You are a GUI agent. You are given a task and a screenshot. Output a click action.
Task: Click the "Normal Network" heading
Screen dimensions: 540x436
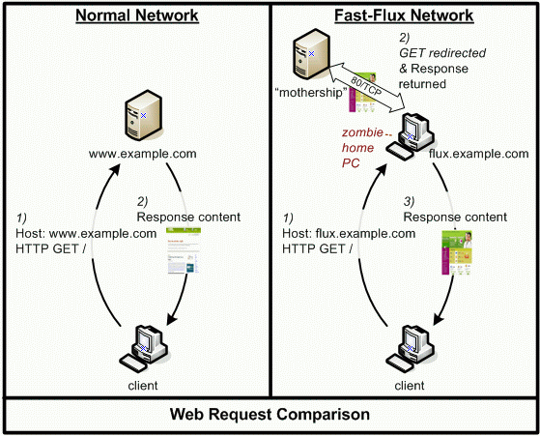(x=137, y=15)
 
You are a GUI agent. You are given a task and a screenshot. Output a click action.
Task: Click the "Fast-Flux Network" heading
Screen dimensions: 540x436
(x=404, y=15)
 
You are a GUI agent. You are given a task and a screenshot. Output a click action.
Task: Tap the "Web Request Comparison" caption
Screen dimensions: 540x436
(x=270, y=415)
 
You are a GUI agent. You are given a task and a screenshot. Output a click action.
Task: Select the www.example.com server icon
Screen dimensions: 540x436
(x=143, y=115)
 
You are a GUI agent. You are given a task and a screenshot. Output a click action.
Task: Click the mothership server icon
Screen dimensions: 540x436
(x=311, y=54)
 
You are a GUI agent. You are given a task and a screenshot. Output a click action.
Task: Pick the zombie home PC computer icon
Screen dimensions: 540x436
(x=410, y=136)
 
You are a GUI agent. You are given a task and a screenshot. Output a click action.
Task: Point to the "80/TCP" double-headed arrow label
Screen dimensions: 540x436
(x=366, y=85)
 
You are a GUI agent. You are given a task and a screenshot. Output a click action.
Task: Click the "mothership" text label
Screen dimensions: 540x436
(x=311, y=93)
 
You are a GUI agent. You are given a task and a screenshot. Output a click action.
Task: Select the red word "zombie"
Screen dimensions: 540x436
(x=362, y=132)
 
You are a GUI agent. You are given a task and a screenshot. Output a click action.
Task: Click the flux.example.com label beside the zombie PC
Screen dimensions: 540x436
(x=479, y=154)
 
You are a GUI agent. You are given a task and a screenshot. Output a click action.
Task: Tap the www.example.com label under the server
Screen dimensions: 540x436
(x=143, y=154)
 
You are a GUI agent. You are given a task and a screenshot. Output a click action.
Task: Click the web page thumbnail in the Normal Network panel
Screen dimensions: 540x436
(x=184, y=250)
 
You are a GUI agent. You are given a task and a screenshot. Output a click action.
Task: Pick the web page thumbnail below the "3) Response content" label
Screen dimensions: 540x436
(x=457, y=252)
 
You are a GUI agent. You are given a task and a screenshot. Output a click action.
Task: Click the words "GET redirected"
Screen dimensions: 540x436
(x=442, y=53)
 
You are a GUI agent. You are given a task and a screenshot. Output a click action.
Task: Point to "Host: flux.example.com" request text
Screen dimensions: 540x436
(x=349, y=233)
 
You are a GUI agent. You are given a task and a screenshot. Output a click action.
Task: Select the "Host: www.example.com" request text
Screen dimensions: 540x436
(x=86, y=233)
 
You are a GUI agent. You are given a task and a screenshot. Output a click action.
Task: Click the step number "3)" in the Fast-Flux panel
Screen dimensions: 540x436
(x=409, y=201)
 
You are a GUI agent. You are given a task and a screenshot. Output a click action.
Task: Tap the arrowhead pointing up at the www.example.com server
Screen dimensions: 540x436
(x=115, y=170)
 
